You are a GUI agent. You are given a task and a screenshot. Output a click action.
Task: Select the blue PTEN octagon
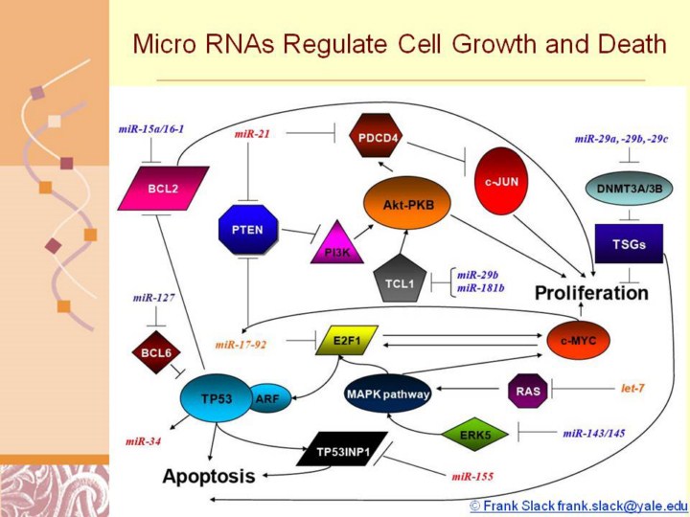point(247,230)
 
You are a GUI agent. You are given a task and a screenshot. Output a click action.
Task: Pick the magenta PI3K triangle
point(335,243)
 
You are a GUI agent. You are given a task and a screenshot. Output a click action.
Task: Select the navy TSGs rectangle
point(629,245)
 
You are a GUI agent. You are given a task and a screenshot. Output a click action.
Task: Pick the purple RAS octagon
point(527,390)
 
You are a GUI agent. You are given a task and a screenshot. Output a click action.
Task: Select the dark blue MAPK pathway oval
point(387,393)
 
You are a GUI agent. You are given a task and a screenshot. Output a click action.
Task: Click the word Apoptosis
point(209,476)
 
